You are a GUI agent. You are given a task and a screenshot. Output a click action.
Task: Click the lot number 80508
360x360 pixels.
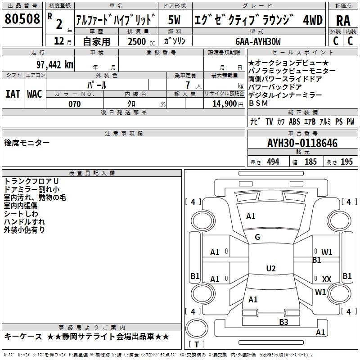(22, 20)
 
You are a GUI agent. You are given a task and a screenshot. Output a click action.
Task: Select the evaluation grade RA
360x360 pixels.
(343, 20)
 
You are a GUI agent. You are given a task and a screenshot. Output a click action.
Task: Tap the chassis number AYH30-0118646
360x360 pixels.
(302, 144)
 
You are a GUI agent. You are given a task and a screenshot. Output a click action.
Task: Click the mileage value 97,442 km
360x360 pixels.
(54, 65)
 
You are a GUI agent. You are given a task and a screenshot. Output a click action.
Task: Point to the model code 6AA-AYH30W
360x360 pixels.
(258, 41)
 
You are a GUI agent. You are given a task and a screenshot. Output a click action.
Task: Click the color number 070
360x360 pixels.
(75, 104)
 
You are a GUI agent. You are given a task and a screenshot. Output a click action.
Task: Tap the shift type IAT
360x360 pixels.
(13, 94)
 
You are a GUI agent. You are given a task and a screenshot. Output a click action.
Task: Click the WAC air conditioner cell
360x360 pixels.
(34, 94)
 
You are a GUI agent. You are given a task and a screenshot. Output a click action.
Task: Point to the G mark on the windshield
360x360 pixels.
(257, 237)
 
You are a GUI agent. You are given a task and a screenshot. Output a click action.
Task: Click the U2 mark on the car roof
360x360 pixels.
(270, 269)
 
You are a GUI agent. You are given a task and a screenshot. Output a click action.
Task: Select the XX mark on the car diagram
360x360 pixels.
(327, 279)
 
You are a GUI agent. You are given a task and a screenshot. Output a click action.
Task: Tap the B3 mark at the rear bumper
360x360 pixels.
(283, 322)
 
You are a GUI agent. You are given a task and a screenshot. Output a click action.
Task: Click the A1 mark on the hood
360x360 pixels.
(251, 216)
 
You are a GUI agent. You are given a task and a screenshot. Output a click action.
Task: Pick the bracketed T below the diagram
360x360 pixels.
(196, 345)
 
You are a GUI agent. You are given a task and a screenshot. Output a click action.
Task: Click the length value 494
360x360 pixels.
(273, 162)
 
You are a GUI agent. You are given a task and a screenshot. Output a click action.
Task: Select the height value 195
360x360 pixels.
(346, 162)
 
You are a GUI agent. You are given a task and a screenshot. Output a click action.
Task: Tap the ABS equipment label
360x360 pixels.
(294, 121)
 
